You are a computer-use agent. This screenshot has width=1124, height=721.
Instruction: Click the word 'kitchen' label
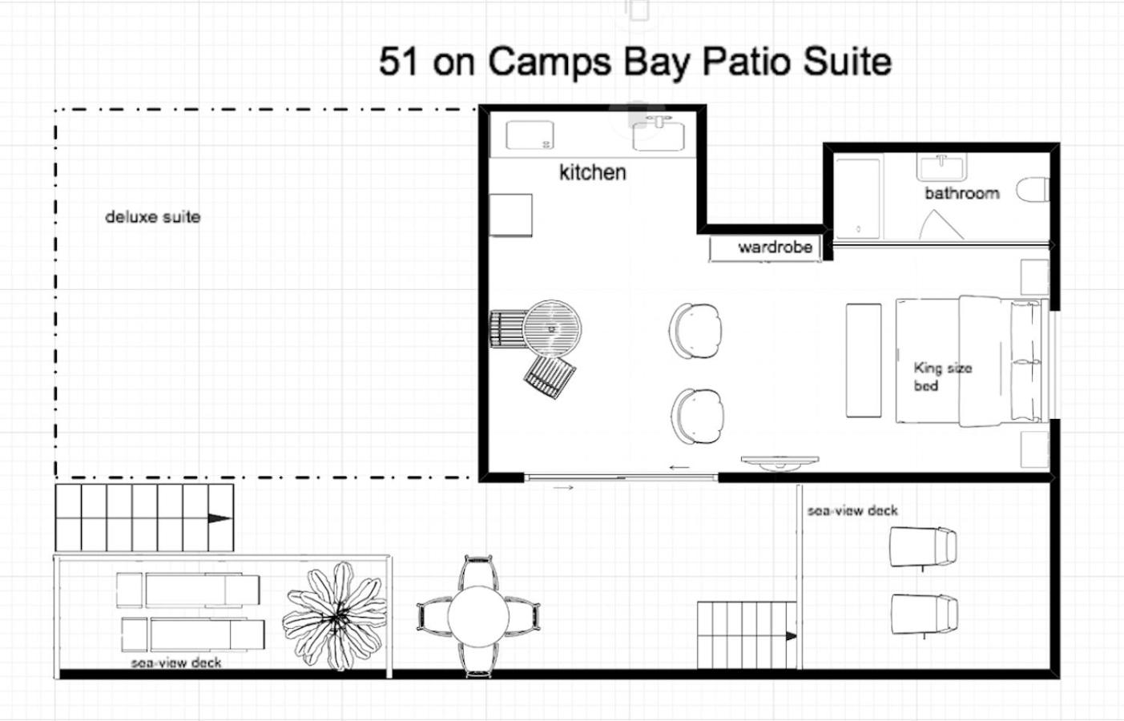coord(593,172)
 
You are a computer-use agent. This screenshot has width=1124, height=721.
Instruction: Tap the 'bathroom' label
coord(962,193)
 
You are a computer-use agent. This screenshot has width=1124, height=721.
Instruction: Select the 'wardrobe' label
coord(775,247)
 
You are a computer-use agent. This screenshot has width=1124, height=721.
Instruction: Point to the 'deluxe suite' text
coord(152,217)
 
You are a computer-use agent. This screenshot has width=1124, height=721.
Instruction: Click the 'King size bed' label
coord(942,377)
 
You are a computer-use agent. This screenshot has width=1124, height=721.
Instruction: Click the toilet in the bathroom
coord(1032,190)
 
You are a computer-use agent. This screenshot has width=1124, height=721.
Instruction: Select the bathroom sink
coord(942,168)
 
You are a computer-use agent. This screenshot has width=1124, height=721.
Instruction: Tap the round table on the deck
coord(478,616)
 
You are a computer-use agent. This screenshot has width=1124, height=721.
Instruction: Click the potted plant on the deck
coord(335,615)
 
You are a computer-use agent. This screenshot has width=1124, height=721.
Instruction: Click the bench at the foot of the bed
coord(864,360)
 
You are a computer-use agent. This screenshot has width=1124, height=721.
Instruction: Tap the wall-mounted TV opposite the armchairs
coord(780,462)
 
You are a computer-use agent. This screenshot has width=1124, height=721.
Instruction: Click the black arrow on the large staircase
coord(220,518)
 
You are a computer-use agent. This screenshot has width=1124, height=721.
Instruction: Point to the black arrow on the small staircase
coord(791,636)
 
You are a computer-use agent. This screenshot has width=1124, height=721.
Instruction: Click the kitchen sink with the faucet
coord(659,134)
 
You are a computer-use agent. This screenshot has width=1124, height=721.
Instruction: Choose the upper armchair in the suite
coord(695,331)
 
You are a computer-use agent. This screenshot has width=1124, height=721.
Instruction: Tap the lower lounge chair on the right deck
coord(924,615)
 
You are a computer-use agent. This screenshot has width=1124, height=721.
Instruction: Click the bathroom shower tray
coord(857,199)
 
